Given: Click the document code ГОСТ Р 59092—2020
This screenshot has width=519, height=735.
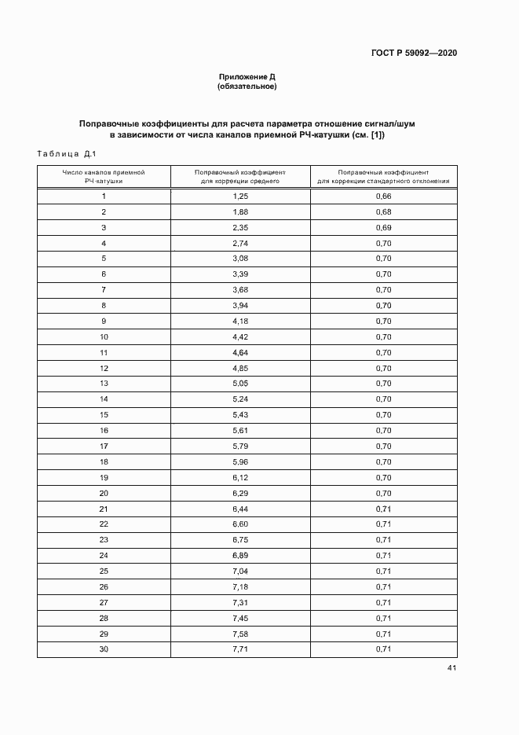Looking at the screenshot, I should (x=413, y=53).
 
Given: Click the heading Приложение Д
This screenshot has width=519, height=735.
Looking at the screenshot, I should (x=247, y=77).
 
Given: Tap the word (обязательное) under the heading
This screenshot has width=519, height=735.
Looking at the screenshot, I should (x=247, y=86).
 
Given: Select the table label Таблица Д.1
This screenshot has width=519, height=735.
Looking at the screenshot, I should (x=66, y=153).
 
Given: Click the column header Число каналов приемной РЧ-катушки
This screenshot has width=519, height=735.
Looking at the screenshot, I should (x=104, y=175).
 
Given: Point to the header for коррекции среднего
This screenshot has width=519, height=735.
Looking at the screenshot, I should (x=240, y=175).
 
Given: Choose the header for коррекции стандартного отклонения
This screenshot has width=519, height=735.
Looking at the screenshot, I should (x=383, y=175).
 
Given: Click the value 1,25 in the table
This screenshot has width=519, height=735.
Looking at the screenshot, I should (x=240, y=197).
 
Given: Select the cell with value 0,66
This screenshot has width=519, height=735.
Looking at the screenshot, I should (x=383, y=197).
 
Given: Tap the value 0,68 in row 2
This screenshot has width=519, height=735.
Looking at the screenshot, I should (x=383, y=212).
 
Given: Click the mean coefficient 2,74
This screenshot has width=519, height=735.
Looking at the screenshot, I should (x=240, y=244).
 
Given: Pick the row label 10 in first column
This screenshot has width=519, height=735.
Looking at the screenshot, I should (x=104, y=337).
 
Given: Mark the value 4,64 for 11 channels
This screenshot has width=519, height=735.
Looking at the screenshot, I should (x=240, y=353).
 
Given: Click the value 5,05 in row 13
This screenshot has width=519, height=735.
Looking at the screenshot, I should (x=240, y=384).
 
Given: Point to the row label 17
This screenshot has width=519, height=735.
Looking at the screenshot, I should (x=104, y=447).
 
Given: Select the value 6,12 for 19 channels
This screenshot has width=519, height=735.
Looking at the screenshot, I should (x=240, y=478).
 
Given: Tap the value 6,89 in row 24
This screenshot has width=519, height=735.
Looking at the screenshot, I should (x=240, y=556).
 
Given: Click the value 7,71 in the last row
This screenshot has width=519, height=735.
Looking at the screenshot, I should (x=240, y=649).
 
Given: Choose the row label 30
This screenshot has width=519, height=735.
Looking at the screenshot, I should (x=104, y=649).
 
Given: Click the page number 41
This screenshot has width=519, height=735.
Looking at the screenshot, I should (x=451, y=668).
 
